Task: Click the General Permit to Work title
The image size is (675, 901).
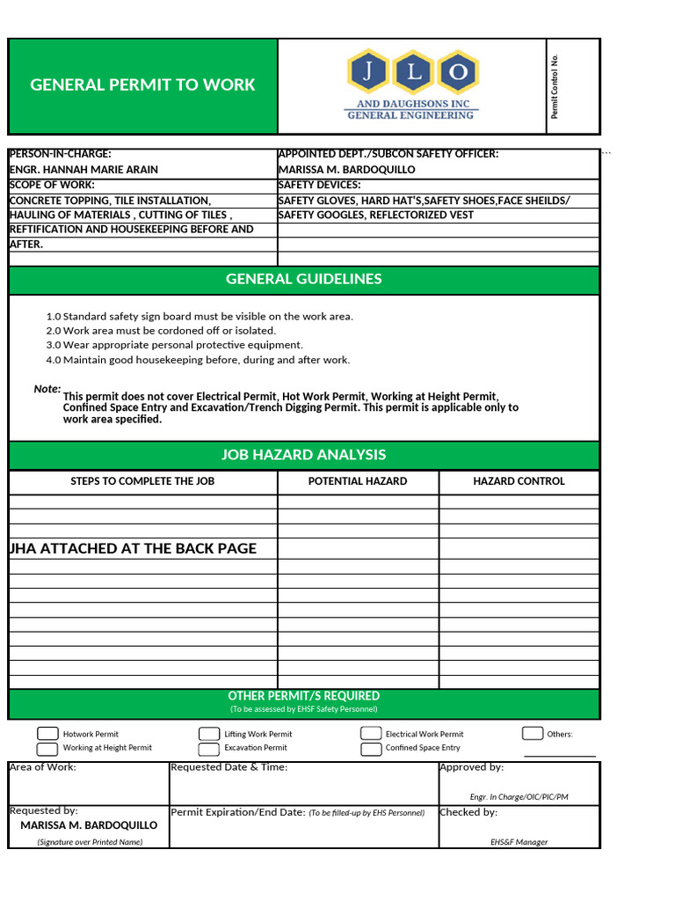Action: (142, 84)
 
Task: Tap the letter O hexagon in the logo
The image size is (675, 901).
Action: (458, 72)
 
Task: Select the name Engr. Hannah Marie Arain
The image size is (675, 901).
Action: (83, 169)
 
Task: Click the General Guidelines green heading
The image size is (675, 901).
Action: (304, 279)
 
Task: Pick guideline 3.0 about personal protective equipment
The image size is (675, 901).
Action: (174, 345)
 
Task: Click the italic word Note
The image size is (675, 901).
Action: (47, 389)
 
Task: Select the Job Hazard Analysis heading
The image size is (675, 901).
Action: (304, 455)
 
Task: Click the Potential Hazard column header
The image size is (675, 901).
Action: (358, 481)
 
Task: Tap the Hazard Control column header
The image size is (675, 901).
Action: (519, 481)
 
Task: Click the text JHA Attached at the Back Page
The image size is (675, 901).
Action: (133, 548)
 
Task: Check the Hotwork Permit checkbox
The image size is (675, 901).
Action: (47, 734)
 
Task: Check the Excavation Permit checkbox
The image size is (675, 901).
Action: (209, 749)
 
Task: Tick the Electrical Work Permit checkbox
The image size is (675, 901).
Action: (371, 734)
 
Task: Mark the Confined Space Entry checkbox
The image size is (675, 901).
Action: (371, 749)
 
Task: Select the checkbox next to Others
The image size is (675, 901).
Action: (533, 734)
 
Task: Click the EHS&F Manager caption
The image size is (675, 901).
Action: (519, 842)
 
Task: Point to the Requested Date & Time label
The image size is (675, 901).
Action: (229, 767)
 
